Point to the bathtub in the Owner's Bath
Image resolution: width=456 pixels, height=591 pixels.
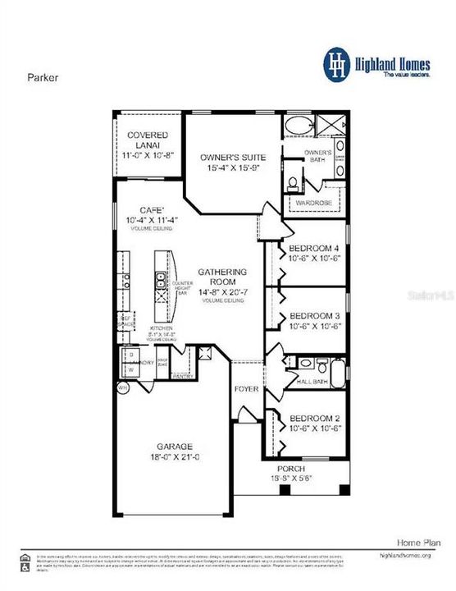(x=296, y=127)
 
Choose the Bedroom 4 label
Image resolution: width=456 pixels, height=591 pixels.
(x=310, y=249)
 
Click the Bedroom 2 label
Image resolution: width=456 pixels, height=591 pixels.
(x=310, y=418)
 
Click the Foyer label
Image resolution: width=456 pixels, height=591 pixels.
(x=247, y=388)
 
